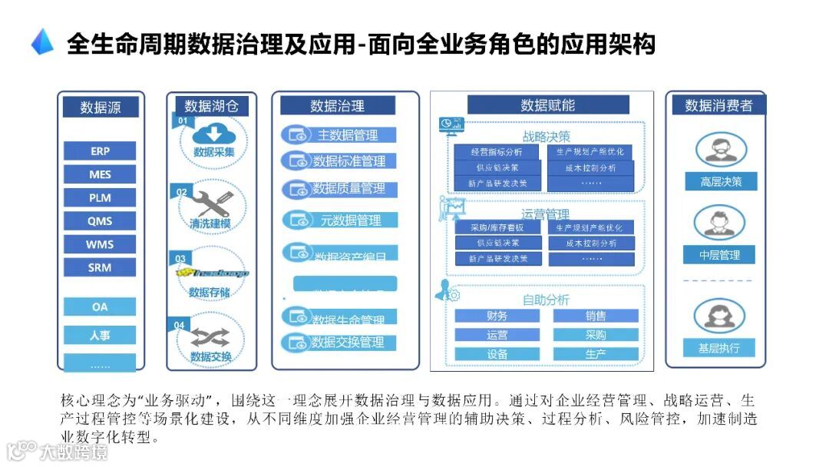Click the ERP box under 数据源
coord(100,151)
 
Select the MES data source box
coord(100,174)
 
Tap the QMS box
coord(100,221)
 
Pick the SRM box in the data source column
coord(100,267)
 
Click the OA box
coord(100,307)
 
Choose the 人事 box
coord(100,335)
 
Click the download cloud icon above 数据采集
coord(213,134)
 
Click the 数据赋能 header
coord(548,105)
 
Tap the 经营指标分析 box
coord(497,152)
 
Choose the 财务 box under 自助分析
coord(497,316)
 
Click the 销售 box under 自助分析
coord(596,316)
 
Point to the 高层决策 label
coord(720,182)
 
